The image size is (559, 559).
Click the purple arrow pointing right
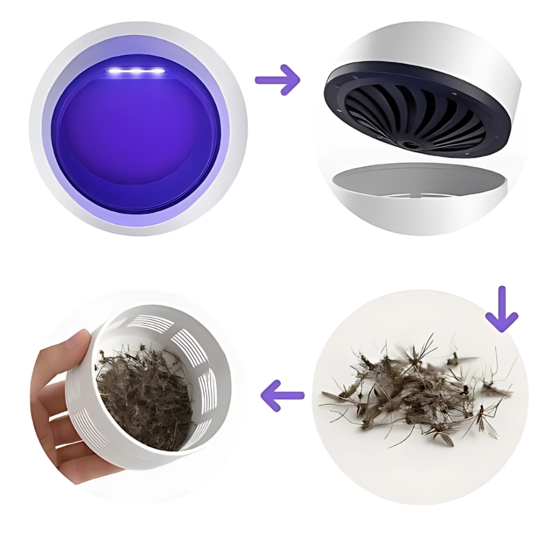278,79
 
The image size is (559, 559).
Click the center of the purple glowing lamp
136,134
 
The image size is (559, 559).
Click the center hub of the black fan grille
413,145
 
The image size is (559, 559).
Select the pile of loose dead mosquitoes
414,386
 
